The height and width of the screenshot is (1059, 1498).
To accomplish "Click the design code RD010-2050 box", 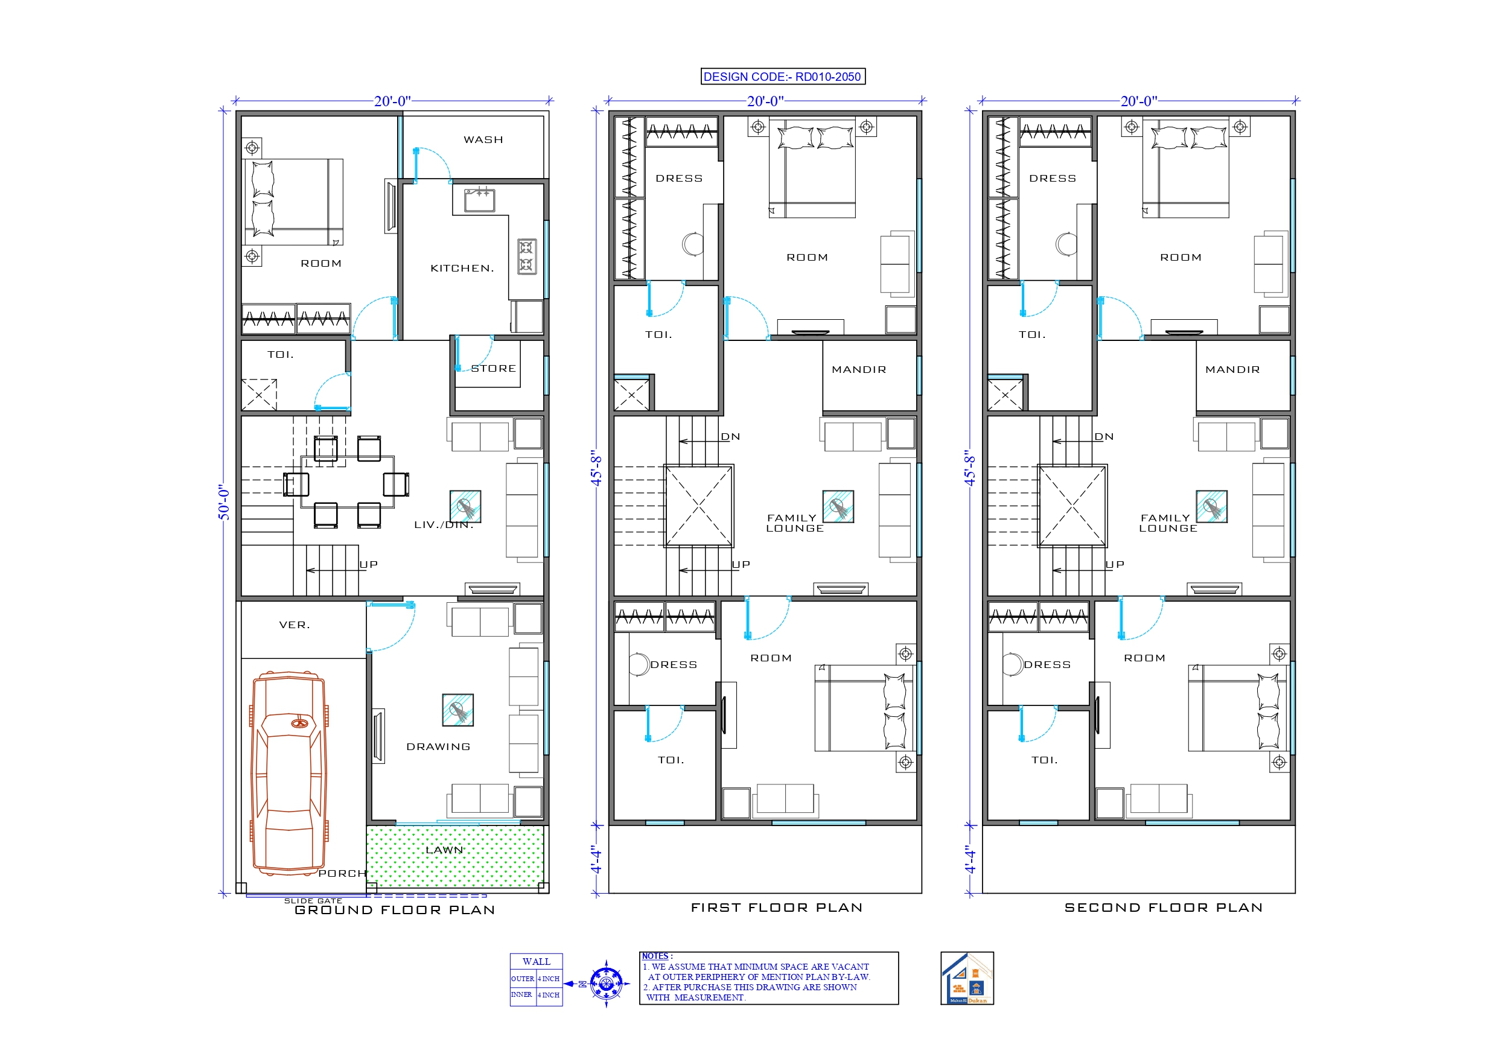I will click(782, 77).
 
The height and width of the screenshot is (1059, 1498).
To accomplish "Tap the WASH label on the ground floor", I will click(483, 139).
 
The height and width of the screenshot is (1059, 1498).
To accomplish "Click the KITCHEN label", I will click(462, 268).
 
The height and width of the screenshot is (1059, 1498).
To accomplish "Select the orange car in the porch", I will click(289, 773).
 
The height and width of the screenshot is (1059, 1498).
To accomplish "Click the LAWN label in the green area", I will click(444, 850).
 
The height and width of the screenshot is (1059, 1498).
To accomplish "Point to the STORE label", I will click(493, 369).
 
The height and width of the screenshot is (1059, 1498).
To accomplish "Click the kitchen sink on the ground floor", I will click(480, 200).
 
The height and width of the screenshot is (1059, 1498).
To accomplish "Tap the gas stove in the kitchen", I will click(526, 256).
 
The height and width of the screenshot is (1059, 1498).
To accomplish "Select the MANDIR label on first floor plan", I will click(859, 369).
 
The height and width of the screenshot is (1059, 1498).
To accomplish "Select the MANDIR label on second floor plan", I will click(1232, 369).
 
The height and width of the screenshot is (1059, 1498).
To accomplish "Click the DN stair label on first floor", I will click(730, 436).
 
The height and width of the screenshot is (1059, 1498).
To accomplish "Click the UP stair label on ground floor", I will click(368, 564).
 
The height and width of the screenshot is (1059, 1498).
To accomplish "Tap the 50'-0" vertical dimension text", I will click(224, 502).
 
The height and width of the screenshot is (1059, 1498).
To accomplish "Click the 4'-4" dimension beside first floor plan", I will click(596, 860).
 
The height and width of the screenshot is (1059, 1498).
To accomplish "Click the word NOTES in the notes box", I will click(654, 956).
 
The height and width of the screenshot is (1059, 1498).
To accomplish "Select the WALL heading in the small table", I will click(537, 962).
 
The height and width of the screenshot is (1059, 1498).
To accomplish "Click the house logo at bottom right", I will click(966, 978).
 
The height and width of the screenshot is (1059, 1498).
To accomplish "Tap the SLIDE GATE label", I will click(313, 900).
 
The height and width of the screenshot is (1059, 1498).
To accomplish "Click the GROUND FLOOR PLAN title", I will click(394, 910).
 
